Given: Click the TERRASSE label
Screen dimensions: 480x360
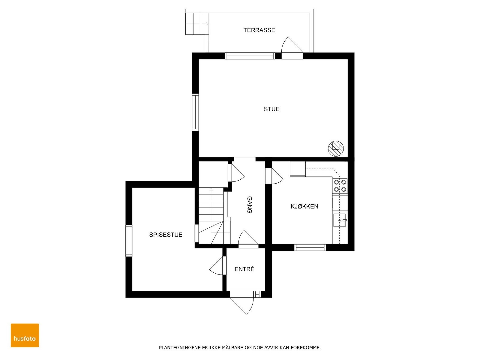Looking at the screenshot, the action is pos(259,30).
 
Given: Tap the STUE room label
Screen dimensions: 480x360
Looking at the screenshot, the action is pos(271,109).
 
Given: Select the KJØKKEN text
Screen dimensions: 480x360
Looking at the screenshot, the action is pos(304,206).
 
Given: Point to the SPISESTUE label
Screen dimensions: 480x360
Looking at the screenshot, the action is pos(166,235).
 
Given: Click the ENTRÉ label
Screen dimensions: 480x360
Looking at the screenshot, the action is pos(244,269).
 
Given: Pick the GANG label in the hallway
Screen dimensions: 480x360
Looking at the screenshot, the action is pos(249,205).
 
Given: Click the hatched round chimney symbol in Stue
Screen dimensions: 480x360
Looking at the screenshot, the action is pos(336,148).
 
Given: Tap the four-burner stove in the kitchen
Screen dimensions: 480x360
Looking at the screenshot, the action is pos(340,186).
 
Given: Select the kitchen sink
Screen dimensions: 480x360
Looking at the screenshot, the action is pos(340,220).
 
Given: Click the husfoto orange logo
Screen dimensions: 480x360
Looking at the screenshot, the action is pos(25,335).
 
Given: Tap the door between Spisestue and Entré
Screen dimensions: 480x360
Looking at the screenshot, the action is pos(218,265).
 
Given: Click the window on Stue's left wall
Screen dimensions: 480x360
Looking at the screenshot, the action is pos(195,112).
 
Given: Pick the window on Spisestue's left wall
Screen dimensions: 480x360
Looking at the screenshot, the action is pos(129,241).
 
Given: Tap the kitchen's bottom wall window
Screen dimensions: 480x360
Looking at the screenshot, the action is pos(310,247).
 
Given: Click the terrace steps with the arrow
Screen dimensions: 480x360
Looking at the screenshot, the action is pos(197,24).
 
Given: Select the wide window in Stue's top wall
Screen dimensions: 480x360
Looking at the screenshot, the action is pos(250,56).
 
